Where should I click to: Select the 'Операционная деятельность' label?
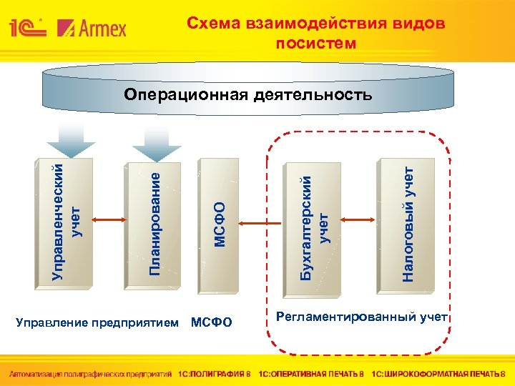point(247,94)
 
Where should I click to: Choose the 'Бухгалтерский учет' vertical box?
point(315,222)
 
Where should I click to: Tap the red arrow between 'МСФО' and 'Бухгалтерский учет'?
point(265,222)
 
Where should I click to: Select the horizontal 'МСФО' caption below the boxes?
point(212,323)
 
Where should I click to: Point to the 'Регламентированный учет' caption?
point(361,316)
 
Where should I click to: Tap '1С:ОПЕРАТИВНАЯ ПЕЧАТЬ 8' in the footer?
point(311,374)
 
